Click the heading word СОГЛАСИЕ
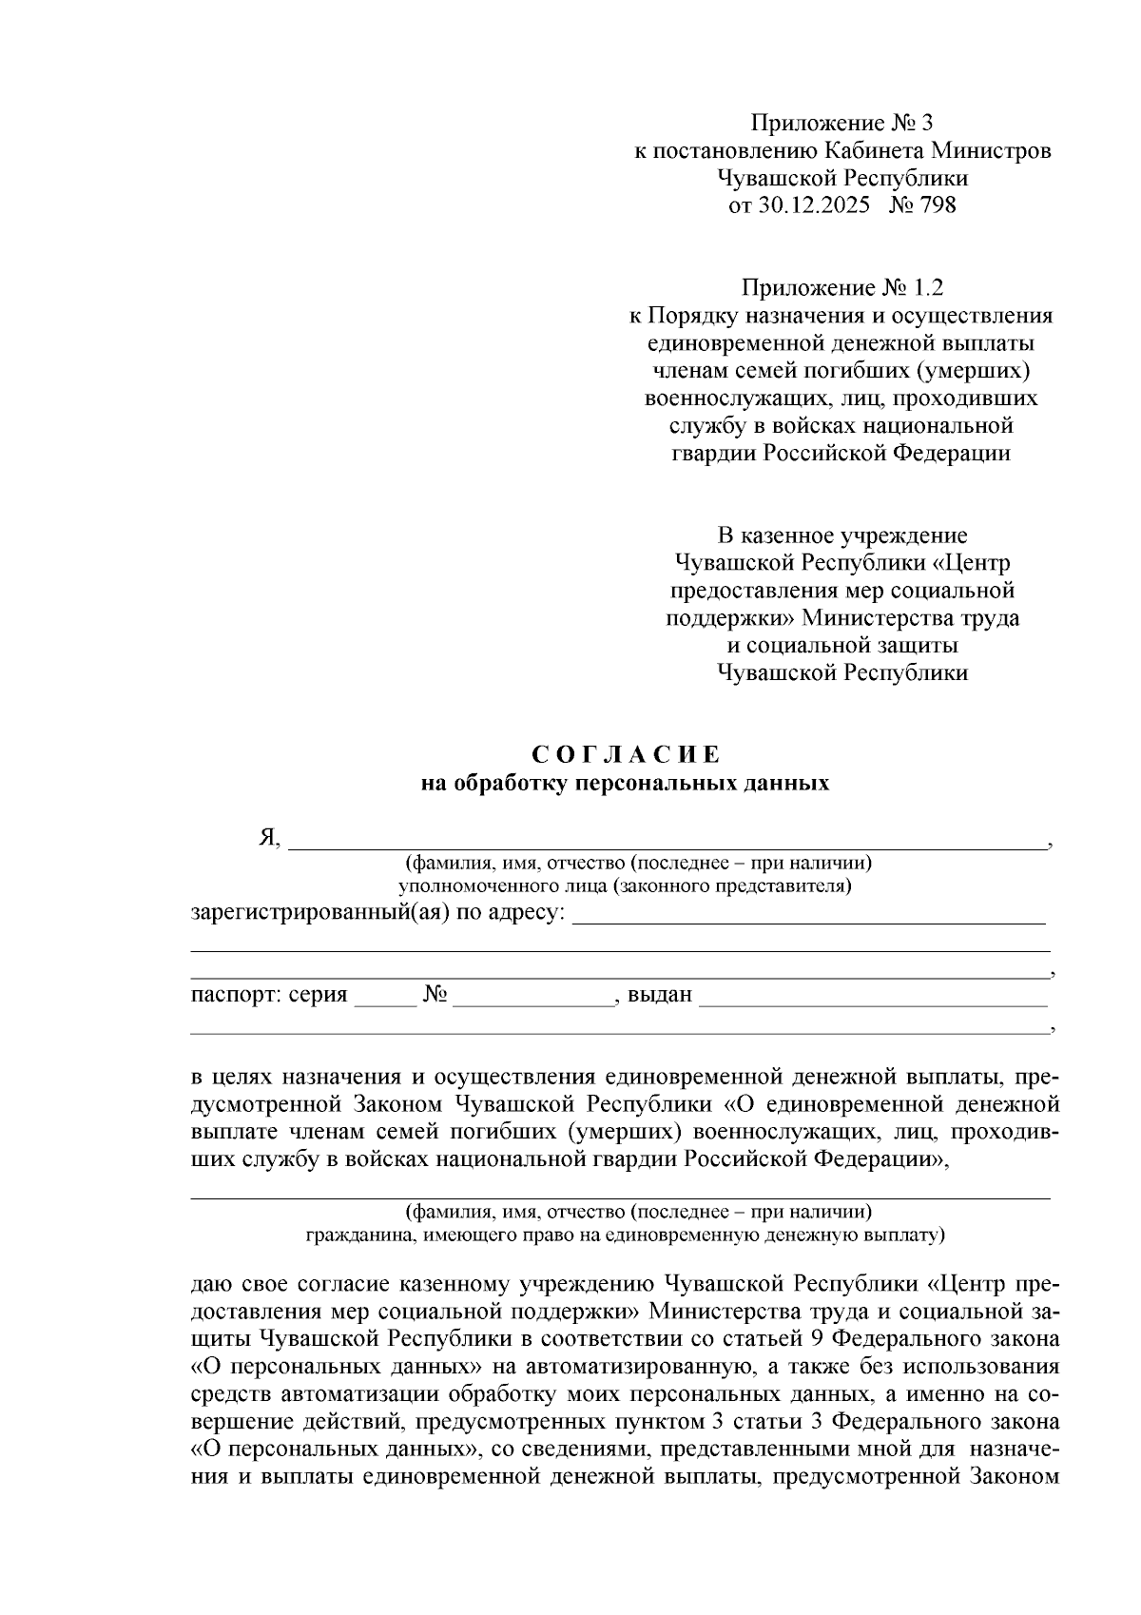point(625,755)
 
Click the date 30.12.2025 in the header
point(814,205)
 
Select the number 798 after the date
point(938,205)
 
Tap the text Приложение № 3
point(842,123)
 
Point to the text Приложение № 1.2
point(842,287)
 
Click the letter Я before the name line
point(266,837)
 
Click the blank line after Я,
point(666,841)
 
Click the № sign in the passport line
point(435,996)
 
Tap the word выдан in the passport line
point(659,997)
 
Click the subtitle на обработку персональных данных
point(625,784)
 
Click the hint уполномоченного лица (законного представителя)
point(625,887)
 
